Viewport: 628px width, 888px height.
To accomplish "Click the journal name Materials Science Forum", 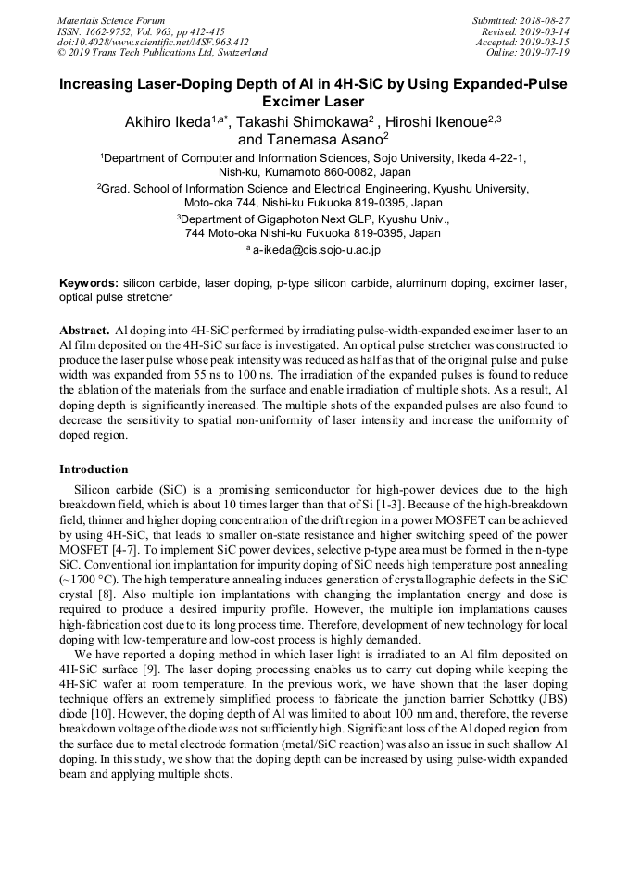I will [x=111, y=20].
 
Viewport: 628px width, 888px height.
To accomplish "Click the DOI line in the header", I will [x=153, y=42].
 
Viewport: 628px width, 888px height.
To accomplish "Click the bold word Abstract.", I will [x=84, y=330].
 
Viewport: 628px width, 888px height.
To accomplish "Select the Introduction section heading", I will [x=94, y=469].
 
